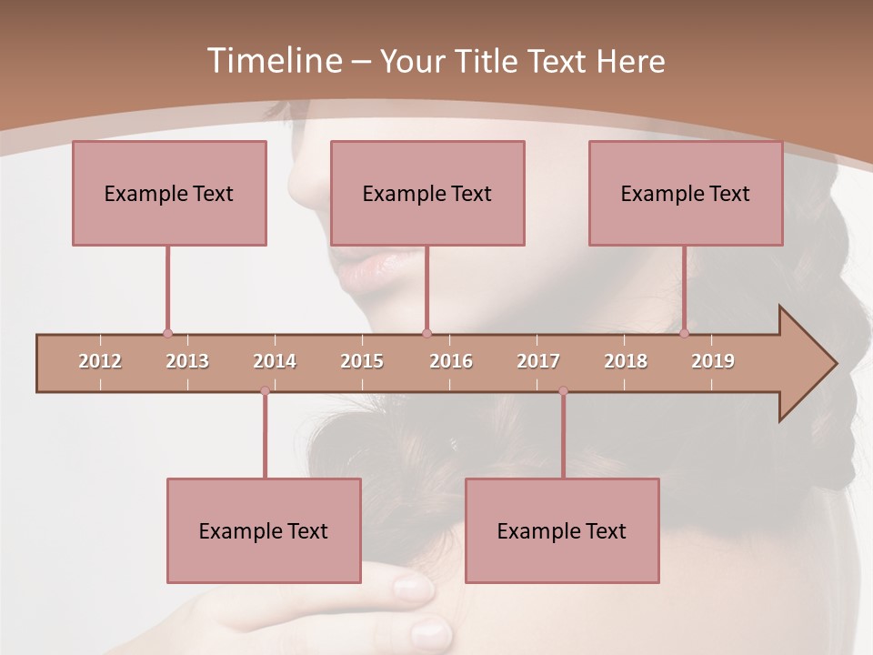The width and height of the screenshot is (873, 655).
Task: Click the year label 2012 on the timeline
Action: pos(100,361)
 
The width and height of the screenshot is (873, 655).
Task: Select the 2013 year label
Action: pos(187,361)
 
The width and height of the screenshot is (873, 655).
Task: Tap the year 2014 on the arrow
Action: pos(275,361)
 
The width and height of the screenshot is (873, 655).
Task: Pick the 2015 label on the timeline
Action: pos(362,361)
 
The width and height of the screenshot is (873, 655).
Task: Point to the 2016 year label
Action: pos(451,361)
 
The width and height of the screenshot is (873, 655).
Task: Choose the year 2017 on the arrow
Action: pos(538,361)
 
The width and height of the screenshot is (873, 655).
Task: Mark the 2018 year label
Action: pos(626,361)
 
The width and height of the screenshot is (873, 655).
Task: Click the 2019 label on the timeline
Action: pos(713,361)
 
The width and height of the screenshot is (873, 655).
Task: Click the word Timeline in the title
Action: pos(274,61)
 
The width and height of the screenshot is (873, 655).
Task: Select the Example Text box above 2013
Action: pos(169,193)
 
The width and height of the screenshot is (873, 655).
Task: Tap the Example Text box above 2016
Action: pos(427,193)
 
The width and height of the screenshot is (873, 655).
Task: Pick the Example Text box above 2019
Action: pos(686,193)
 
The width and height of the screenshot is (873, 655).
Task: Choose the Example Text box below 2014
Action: pos(264,530)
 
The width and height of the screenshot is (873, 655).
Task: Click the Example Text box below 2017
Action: pos(562,530)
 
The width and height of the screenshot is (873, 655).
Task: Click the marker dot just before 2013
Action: pos(167,333)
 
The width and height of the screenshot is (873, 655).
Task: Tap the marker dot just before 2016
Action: pos(426,333)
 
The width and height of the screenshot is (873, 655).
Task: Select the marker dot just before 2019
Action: pos(685,333)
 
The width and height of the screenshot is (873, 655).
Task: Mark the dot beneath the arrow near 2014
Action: pos(265,391)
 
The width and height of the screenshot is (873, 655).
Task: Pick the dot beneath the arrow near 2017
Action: pos(563,391)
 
